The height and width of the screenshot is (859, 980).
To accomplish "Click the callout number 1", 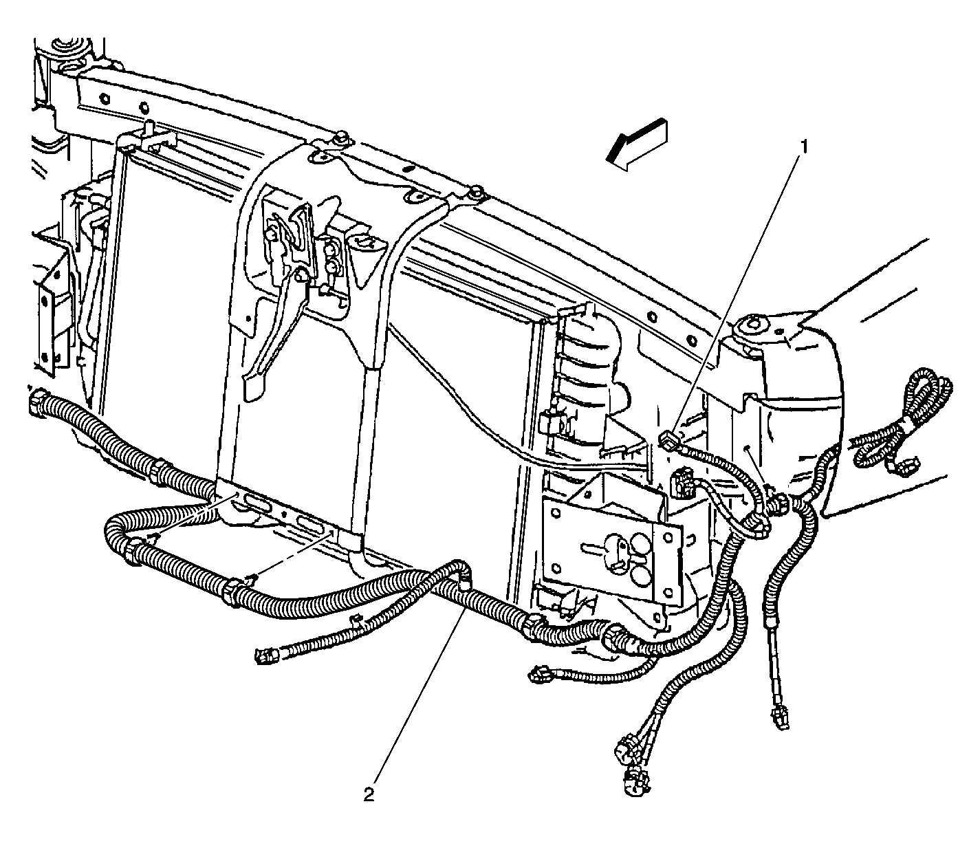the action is [804, 146].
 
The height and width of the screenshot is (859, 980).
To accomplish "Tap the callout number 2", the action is [369, 794].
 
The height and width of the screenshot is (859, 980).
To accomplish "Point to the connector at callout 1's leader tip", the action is [668, 441].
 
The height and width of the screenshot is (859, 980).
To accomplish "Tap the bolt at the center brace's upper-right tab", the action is [477, 191].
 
